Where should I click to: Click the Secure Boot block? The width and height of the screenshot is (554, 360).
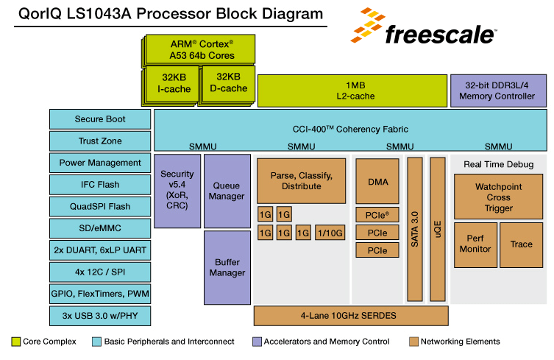pos(100,119)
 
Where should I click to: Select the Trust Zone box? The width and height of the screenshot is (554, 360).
pos(100,141)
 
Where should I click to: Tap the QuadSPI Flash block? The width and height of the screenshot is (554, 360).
pos(100,206)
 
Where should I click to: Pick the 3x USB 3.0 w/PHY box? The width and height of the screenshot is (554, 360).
pos(100,315)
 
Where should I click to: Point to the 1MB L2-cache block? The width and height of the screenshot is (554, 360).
pos(352,91)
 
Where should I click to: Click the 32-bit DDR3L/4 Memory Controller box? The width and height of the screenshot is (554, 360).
pos(498,91)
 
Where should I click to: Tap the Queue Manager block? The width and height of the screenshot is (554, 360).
pos(227,191)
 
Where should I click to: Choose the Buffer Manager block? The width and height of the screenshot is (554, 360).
pos(227,267)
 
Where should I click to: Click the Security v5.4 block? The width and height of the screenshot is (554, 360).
pos(177,191)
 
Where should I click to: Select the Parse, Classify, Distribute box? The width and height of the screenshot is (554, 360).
pos(301,181)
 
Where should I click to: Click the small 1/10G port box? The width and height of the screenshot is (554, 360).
pos(329,233)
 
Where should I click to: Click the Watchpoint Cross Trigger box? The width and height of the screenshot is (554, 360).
pos(498,197)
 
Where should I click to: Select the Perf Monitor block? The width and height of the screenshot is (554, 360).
pos(475,244)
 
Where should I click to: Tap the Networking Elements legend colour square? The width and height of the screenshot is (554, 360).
pos(414,342)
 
